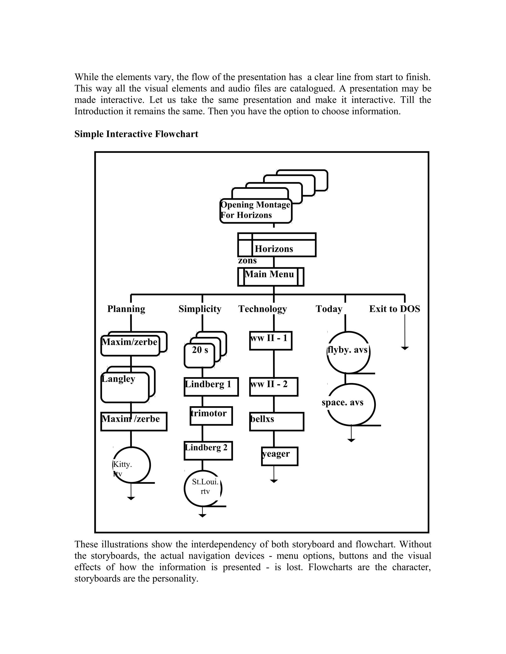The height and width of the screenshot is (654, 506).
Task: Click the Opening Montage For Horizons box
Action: click(x=256, y=211)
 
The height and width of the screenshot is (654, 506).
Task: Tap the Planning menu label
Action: click(x=126, y=309)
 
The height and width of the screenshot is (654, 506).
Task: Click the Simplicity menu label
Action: click(x=200, y=309)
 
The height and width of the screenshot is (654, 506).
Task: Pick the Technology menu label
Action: click(x=263, y=309)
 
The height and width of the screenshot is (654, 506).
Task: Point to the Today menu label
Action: click(x=329, y=309)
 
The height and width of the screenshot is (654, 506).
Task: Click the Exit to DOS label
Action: click(x=395, y=309)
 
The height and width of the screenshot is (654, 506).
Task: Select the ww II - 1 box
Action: click(x=270, y=341)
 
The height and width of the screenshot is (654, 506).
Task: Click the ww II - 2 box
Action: click(x=274, y=386)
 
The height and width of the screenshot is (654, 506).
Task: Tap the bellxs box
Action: click(x=276, y=421)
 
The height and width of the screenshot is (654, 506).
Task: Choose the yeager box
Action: click(x=279, y=456)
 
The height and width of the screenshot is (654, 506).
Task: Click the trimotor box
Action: click(x=211, y=416)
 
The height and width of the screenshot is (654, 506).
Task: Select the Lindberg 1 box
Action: click(x=211, y=386)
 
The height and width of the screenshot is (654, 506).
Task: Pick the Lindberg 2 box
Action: click(x=208, y=450)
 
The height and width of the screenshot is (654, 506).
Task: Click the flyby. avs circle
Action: click(x=348, y=352)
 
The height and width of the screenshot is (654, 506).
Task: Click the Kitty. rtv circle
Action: click(x=131, y=465)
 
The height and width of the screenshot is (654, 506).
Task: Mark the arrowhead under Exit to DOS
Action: click(x=405, y=348)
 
